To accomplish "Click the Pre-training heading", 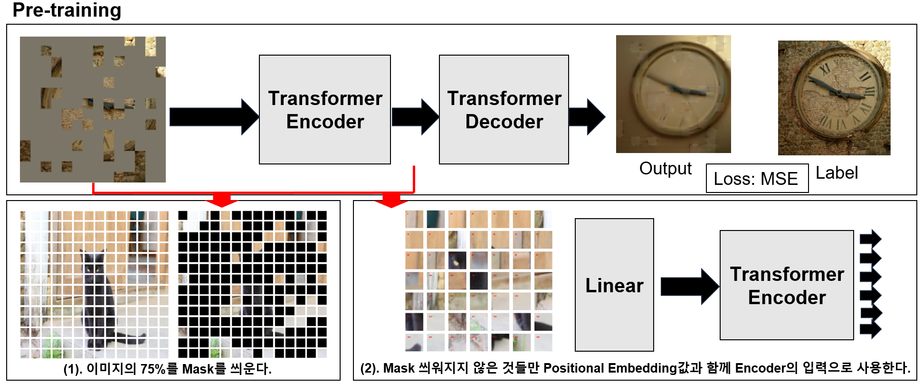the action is (x=67, y=10).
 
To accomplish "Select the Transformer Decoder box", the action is (x=504, y=110).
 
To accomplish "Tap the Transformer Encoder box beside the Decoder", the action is (x=325, y=110).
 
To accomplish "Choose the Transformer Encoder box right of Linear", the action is (x=787, y=285).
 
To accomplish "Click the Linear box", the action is (x=614, y=285).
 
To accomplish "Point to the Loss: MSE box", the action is (x=757, y=179).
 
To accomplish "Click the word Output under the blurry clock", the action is (x=665, y=169).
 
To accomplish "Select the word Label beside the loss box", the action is (x=837, y=173).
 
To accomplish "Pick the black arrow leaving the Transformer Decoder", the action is (x=587, y=117).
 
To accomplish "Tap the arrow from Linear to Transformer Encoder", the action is (x=689, y=286).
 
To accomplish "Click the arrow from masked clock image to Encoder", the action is (x=214, y=117).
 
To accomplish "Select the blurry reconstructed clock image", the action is (x=673, y=94).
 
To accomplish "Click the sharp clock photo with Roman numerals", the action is (x=834, y=98).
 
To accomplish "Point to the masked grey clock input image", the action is (x=93, y=109).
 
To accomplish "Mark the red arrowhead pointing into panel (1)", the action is (x=222, y=200).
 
